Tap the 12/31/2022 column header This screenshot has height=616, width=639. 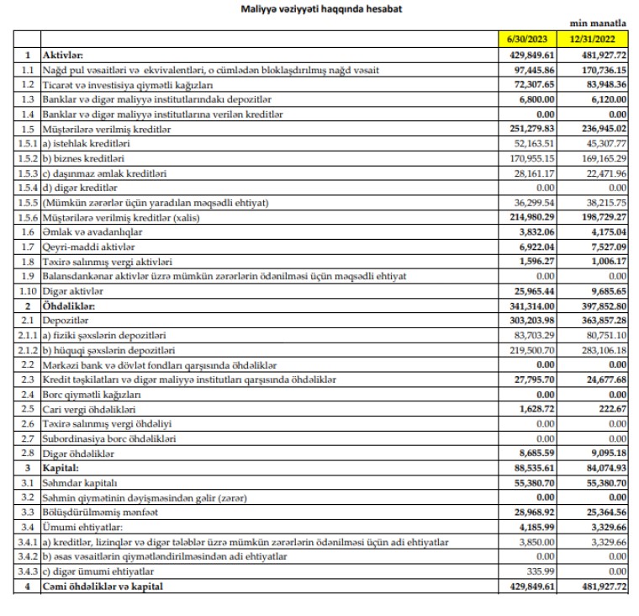(x=597, y=39)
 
